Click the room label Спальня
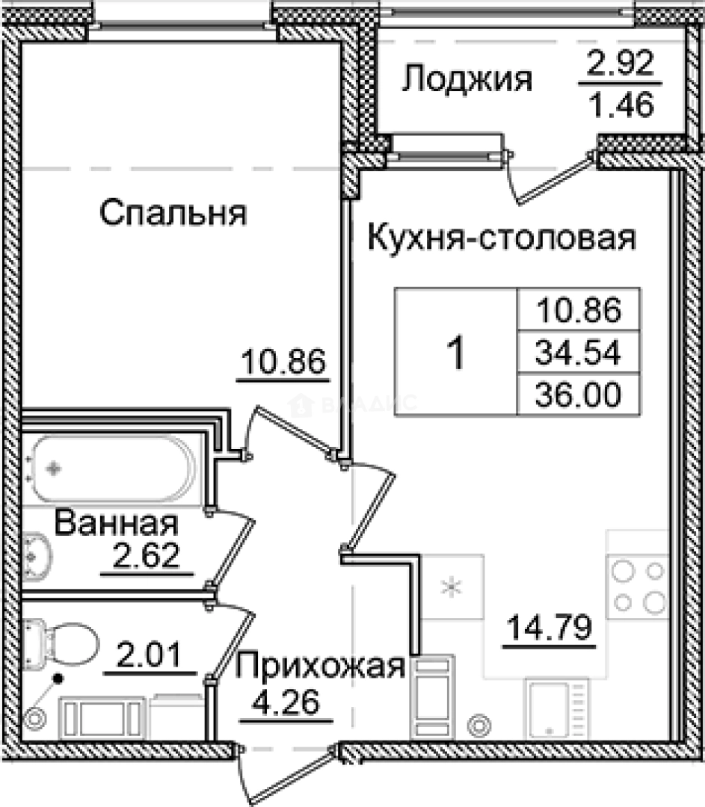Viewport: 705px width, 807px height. [x=173, y=213]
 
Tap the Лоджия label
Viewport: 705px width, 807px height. [x=467, y=78]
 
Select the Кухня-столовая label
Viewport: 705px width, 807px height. [x=502, y=239]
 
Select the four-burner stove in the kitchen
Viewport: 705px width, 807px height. [x=637, y=586]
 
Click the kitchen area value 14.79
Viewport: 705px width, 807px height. [x=549, y=626]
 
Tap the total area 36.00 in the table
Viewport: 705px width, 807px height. [x=579, y=395]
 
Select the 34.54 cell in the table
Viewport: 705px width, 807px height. [x=579, y=352]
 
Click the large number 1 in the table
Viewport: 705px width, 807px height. [x=455, y=352]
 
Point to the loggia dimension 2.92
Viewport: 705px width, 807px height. [x=620, y=65]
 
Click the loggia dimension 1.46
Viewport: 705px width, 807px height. [x=620, y=105]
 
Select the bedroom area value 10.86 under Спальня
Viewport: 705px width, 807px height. [x=283, y=364]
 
